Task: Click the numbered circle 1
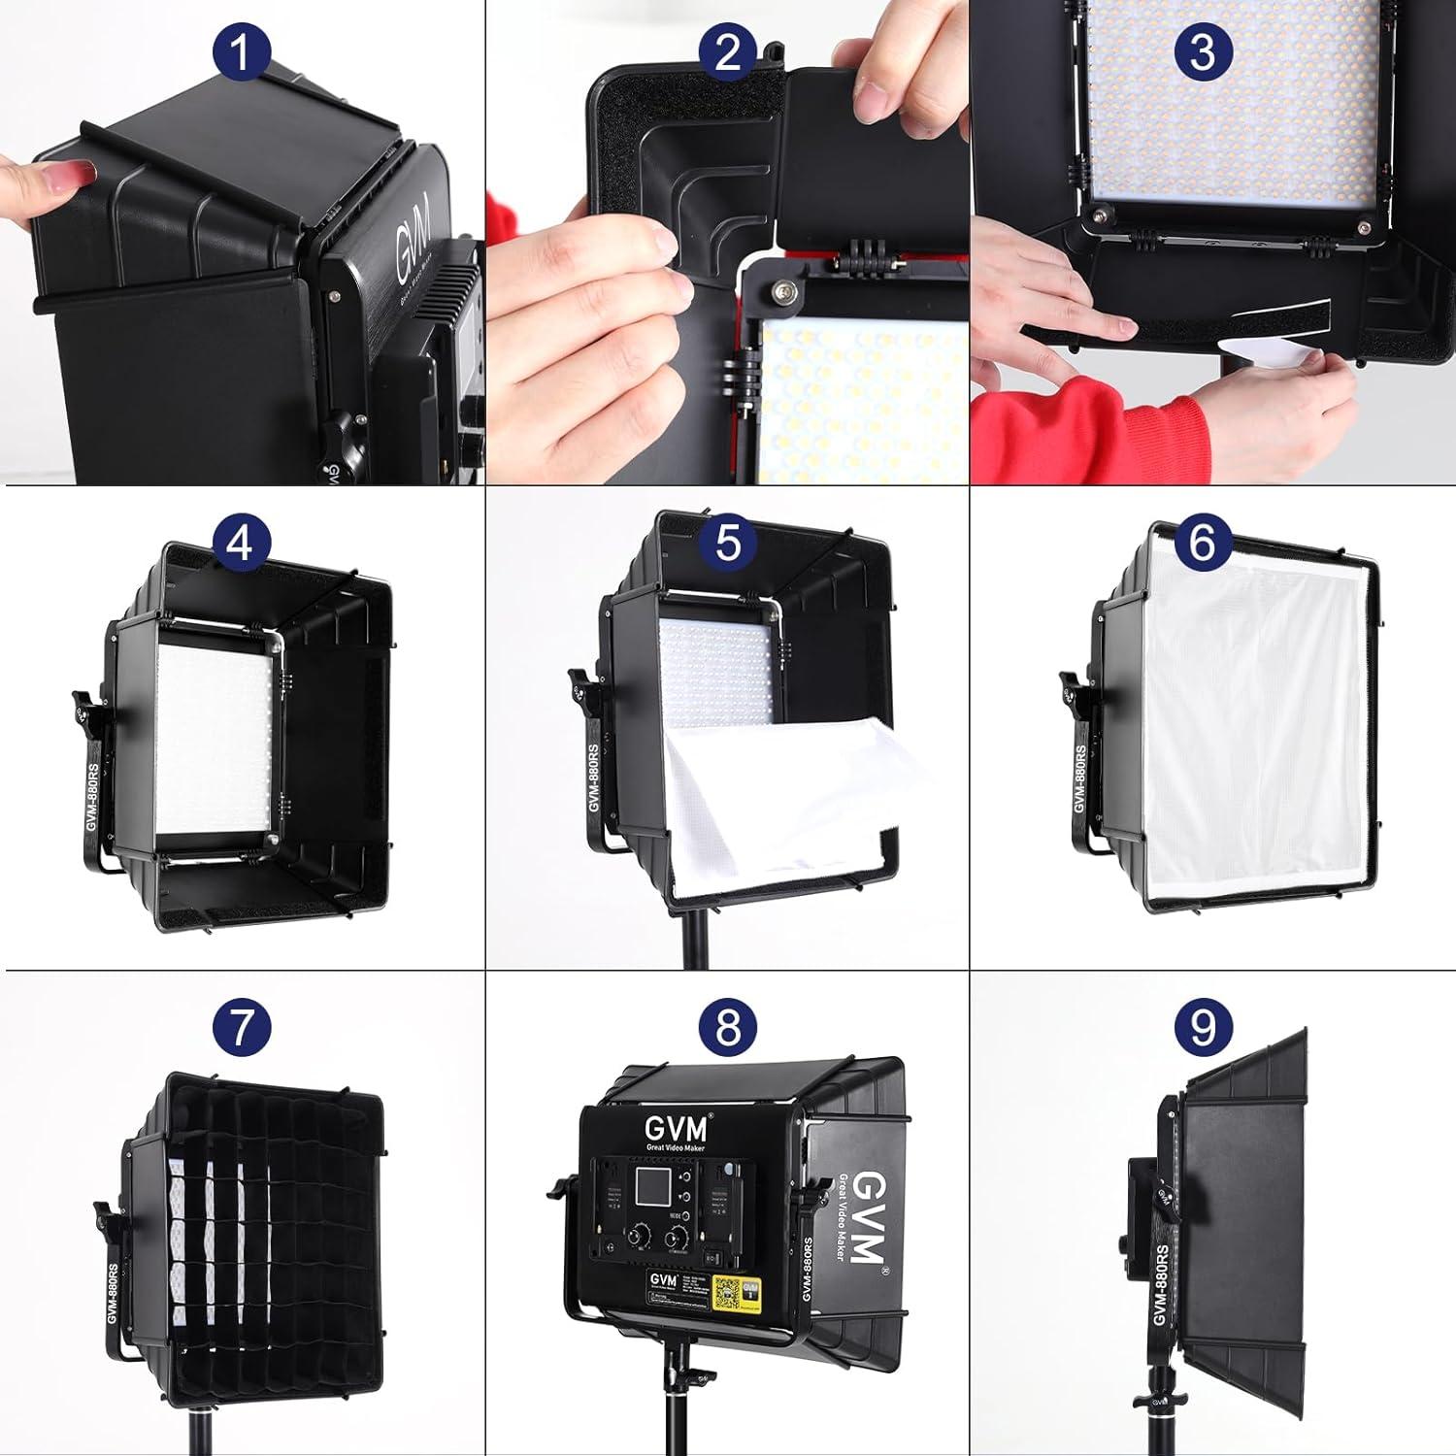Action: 240,51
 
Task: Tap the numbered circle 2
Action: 728,51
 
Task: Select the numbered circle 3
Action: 1202,51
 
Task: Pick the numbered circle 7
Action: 240,1027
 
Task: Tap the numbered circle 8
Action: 728,1027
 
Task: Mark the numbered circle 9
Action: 1202,1027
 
